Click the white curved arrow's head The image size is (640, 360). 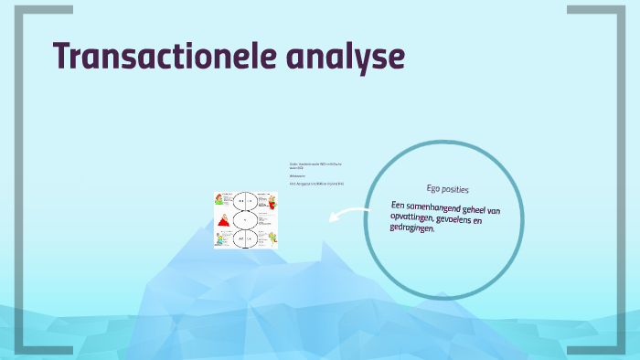pos(332,217)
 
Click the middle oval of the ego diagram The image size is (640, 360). pos(245,220)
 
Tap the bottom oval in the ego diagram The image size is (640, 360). pos(245,239)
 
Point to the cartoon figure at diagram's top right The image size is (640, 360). pos(271,202)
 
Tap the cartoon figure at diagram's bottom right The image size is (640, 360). pos(271,239)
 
